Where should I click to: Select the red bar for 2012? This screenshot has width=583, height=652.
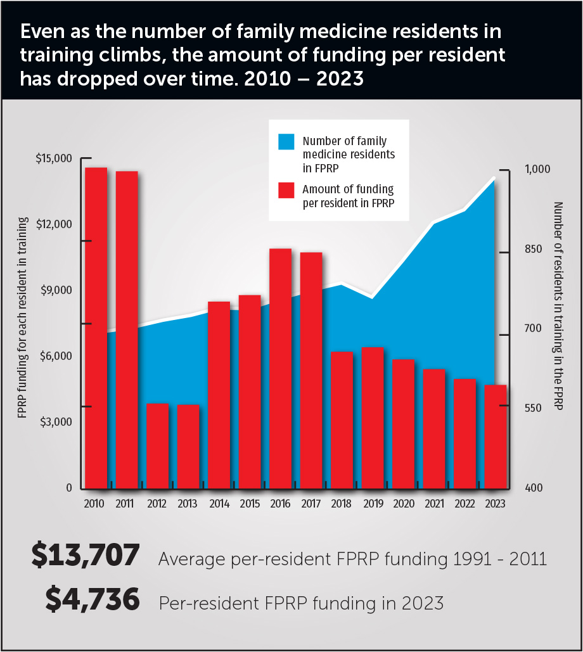[x=157, y=446]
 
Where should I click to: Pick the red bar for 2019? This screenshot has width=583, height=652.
[x=373, y=418]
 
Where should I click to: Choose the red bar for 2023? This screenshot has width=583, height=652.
[x=496, y=437]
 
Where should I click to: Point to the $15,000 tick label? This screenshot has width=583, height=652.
[x=54, y=158]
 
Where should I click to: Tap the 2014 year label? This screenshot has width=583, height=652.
[x=219, y=504]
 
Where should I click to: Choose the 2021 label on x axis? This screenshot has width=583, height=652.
[x=434, y=504]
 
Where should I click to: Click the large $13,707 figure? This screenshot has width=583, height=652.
[x=85, y=556]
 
